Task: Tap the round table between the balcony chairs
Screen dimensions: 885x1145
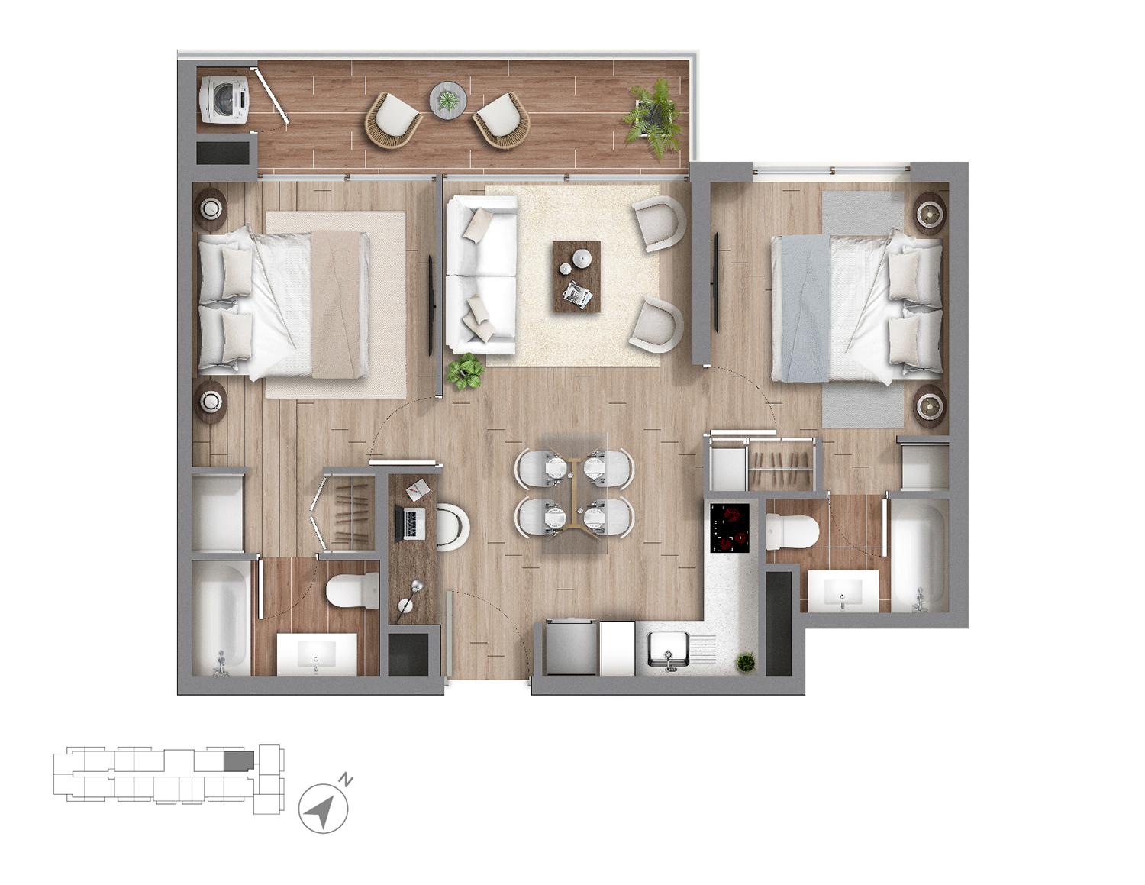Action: tap(447, 100)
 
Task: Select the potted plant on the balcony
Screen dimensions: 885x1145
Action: tap(653, 117)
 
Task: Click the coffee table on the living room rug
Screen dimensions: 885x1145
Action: tap(576, 276)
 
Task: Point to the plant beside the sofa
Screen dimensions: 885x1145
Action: tap(466, 372)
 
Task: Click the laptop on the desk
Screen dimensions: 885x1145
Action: tap(412, 524)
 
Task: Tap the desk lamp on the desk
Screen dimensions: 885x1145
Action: tap(411, 596)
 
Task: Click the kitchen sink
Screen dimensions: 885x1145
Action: tap(668, 651)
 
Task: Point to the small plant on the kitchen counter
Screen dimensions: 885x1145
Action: tap(746, 663)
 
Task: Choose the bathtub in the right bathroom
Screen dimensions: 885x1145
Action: tap(919, 555)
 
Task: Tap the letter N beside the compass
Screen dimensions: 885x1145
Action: tap(347, 780)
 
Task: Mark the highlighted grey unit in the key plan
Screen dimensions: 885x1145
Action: tap(238, 761)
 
